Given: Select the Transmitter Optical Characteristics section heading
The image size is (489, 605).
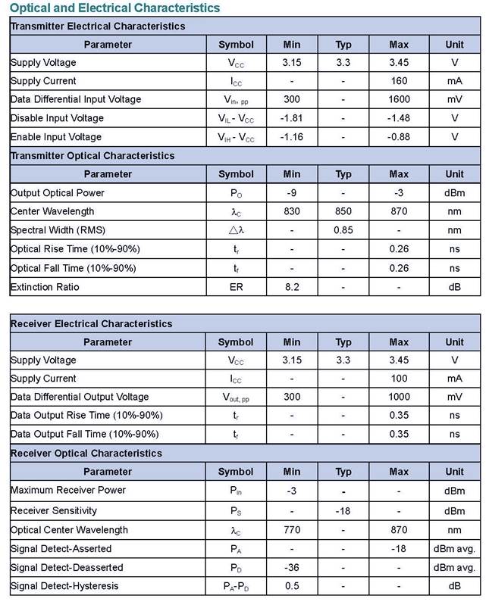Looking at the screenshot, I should coord(92,155).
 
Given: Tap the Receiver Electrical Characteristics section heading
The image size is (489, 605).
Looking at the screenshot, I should coord(92,323).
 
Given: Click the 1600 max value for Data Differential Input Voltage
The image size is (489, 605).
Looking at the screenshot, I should coord(399,99).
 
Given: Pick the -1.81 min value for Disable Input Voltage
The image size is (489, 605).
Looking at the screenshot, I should coord(292,118).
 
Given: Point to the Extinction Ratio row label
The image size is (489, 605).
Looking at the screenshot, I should coord(45,287).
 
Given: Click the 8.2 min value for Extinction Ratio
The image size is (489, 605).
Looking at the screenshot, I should coord(292,287).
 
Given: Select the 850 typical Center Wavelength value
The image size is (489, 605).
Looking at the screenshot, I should coord(343,211).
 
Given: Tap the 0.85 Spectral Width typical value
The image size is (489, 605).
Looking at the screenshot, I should coord(343,230).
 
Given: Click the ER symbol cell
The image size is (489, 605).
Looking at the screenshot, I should coord(236,287).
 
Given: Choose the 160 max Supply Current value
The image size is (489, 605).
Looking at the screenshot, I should coord(399,81).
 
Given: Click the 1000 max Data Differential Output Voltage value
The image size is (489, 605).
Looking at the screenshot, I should coord(399,397).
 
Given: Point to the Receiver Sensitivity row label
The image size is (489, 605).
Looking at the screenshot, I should coord(54,510).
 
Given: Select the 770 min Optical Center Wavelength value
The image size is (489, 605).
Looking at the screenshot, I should coord(292,529).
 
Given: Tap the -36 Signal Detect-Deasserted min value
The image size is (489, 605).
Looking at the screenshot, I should coord(292,567).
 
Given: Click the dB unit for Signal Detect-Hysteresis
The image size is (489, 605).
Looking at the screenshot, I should coord(454,586).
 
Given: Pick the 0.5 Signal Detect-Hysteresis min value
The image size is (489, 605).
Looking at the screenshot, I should coord(292,586).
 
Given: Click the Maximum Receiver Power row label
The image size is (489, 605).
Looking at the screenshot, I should coord(68,490).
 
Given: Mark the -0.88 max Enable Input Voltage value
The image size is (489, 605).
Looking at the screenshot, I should coord(399,137).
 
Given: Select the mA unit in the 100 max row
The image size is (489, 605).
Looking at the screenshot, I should coord(454,379).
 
